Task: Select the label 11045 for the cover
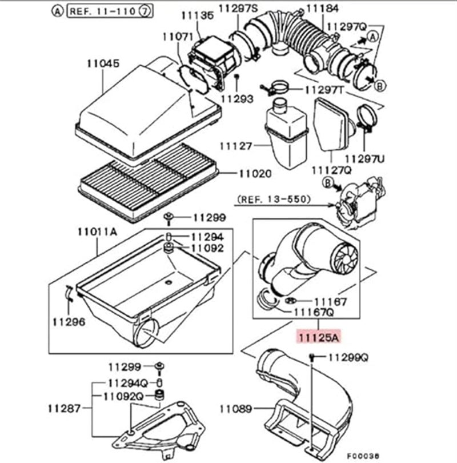103,63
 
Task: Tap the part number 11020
254,173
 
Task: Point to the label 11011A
97,231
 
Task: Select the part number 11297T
324,90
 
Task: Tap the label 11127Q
331,170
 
